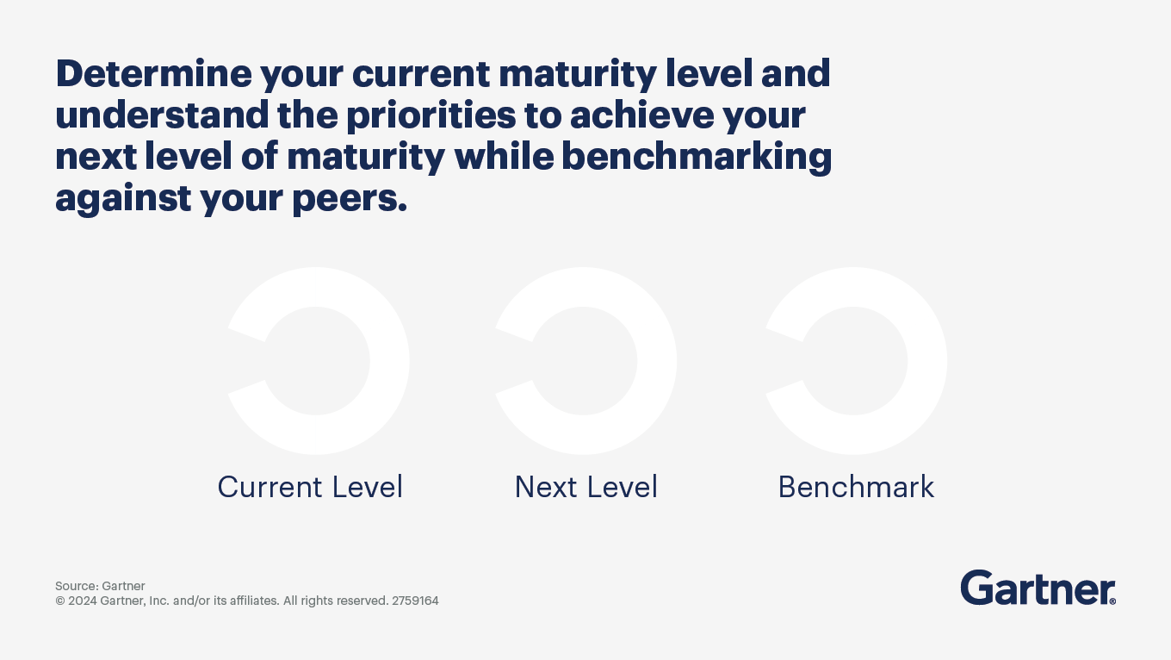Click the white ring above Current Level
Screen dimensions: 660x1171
[389, 361]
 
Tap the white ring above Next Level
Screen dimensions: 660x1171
[657, 361]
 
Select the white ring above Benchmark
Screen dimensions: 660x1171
[927, 361]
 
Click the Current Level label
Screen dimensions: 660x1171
[310, 487]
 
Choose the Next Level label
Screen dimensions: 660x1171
[585, 487]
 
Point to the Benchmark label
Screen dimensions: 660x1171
[856, 487]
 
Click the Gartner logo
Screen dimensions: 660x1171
[1036, 588]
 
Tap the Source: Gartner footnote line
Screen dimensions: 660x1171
[100, 586]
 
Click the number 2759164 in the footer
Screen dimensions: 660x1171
[415, 601]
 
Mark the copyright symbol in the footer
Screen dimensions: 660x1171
[60, 601]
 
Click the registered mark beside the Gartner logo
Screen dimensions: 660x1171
[1112, 601]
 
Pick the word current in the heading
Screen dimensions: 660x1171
[420, 74]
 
